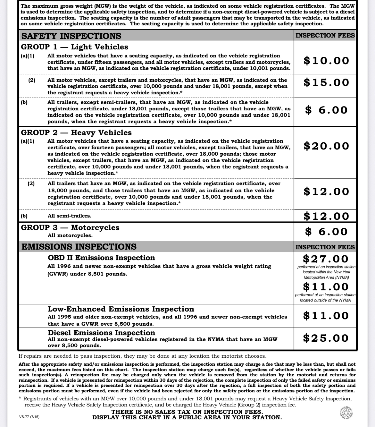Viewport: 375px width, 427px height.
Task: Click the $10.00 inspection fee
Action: pos(326,61)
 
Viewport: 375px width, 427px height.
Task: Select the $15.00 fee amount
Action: pos(326,82)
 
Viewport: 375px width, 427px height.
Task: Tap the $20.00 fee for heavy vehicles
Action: pos(326,146)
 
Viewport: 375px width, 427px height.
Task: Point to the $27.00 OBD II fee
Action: pos(325,259)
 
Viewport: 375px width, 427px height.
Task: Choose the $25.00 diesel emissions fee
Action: pos(326,338)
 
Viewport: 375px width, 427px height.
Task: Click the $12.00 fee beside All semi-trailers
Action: pos(326,216)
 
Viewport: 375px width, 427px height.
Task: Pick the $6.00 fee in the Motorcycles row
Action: pos(326,232)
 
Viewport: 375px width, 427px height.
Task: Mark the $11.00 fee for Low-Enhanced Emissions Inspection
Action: pos(326,316)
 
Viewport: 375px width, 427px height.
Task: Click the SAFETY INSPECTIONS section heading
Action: pos(71,36)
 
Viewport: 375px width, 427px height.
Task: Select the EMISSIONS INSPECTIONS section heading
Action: pos(79,246)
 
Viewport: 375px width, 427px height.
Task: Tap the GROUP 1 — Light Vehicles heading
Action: pos(74,47)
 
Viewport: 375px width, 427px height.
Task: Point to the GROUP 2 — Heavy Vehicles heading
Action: pos(76,132)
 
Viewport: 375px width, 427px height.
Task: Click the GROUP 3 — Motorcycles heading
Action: pos(70,227)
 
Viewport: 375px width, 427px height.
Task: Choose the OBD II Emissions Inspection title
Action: pos(101,258)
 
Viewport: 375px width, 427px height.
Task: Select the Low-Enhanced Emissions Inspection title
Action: pos(121,309)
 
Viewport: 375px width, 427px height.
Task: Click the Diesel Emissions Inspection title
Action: pos(101,333)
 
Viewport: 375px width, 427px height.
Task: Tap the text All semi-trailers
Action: pos(69,216)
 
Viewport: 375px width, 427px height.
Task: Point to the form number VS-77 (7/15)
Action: pos(29,417)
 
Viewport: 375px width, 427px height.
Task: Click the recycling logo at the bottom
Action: pos(346,413)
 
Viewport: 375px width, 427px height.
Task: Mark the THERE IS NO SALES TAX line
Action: pos(187,412)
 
